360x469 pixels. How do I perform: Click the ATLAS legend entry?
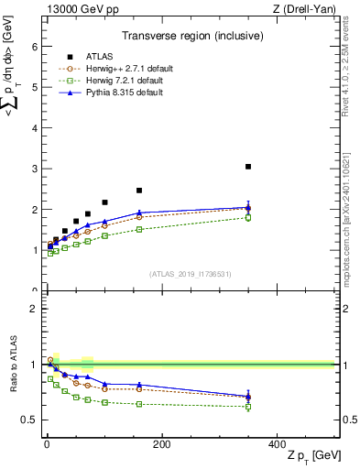(x=100, y=56)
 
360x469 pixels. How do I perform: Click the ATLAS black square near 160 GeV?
(x=139, y=191)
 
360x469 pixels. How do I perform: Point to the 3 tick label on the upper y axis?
(x=34, y=169)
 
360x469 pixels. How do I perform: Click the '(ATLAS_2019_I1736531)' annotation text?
(x=190, y=274)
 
